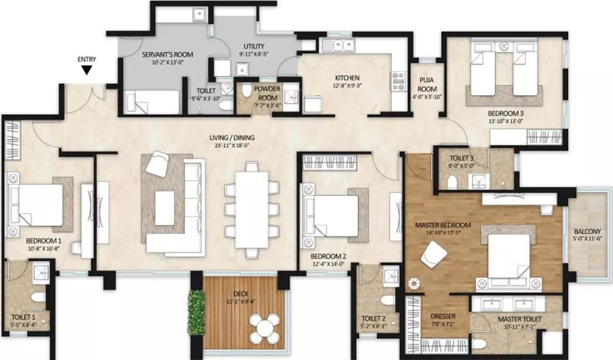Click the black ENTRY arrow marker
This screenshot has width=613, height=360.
pos(86,70)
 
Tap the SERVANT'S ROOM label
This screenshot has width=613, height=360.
pos(168,54)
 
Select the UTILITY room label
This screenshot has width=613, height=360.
pos(254,47)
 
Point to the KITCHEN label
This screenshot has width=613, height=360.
pos(347,78)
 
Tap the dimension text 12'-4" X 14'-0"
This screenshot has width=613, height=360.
pos(328,265)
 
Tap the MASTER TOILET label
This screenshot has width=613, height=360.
pos(519,320)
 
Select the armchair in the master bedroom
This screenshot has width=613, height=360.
pos(433,256)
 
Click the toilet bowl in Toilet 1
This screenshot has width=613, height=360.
pos(38,297)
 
